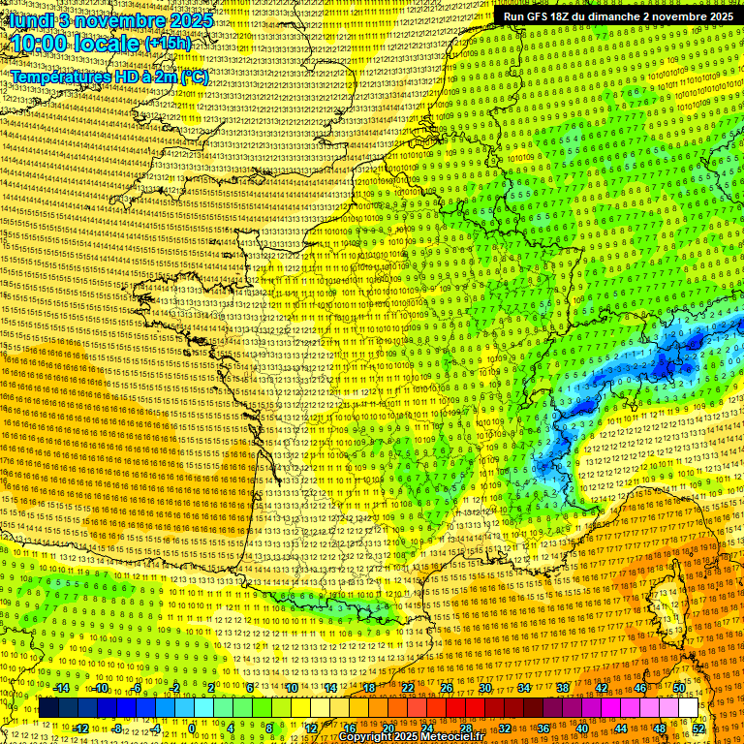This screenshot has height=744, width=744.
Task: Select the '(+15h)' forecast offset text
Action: [x=169, y=44]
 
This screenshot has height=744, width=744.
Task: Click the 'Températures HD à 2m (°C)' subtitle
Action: [x=108, y=77]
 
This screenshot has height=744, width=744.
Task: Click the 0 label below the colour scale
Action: [x=192, y=728]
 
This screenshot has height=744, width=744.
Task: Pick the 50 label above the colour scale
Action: [x=679, y=688]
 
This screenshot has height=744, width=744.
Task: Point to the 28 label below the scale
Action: [x=465, y=728]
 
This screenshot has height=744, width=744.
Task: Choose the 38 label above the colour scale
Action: [x=563, y=688]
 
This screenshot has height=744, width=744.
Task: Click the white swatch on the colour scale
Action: [x=688, y=708]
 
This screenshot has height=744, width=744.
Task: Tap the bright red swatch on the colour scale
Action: [x=455, y=708]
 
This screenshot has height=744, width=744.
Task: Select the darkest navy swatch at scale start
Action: [x=48, y=708]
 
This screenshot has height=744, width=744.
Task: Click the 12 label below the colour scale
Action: [x=310, y=728]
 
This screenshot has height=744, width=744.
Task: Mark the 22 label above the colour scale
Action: [x=408, y=688]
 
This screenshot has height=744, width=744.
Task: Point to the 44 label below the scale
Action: [x=621, y=728]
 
